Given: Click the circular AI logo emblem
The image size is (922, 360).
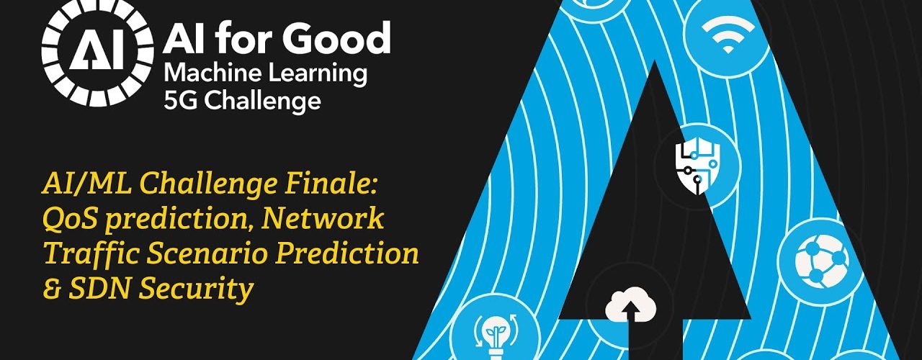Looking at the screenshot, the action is [x=97, y=53].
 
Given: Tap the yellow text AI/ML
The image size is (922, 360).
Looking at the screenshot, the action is [x=87, y=183].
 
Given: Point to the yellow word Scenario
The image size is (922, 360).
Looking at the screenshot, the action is [x=207, y=254].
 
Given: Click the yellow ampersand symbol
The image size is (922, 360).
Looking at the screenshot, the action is [x=53, y=289].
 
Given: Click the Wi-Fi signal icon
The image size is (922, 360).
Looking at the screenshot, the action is [x=728, y=35].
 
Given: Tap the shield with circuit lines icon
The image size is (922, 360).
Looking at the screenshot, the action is [x=697, y=166].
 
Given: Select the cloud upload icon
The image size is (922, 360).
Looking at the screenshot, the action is [x=630, y=305].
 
